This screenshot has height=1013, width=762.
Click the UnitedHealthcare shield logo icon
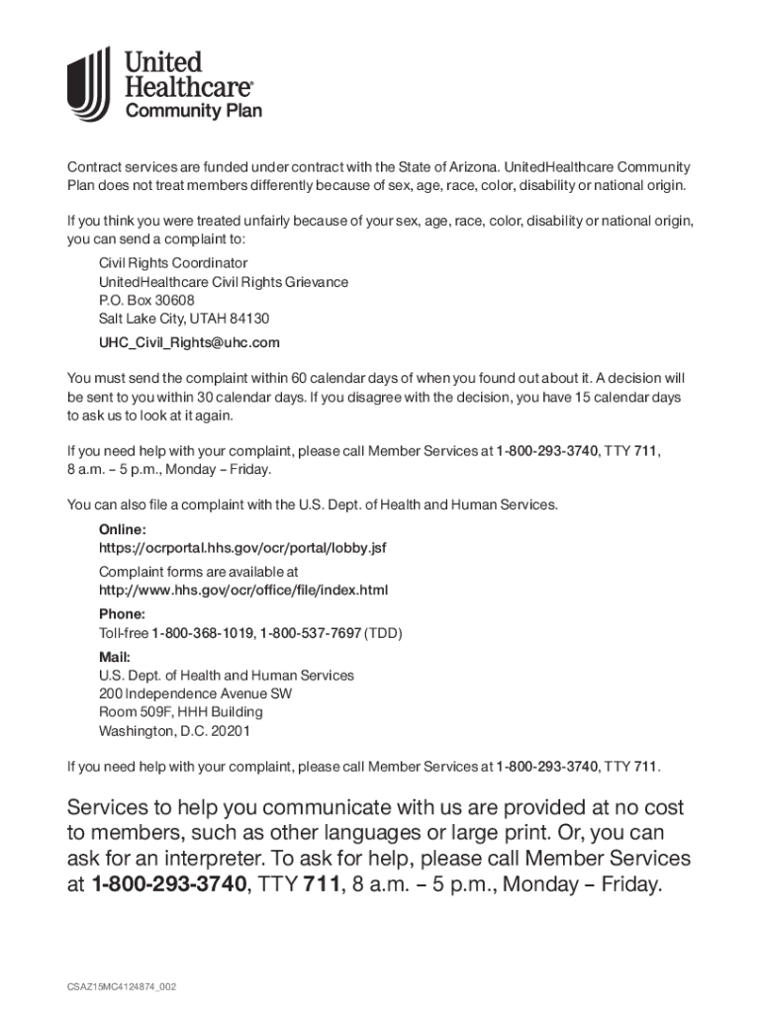pyautogui.click(x=89, y=85)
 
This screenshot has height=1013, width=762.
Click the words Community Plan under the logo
pyautogui.click(x=193, y=111)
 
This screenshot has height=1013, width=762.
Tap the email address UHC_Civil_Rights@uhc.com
pyautogui.click(x=189, y=342)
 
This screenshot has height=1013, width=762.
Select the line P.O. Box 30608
pyautogui.click(x=146, y=300)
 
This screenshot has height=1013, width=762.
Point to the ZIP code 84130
pyautogui.click(x=250, y=319)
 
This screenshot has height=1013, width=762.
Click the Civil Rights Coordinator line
pyautogui.click(x=172, y=263)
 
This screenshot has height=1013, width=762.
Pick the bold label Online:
pyautogui.click(x=122, y=529)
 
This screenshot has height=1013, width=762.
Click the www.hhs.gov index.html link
pyautogui.click(x=243, y=591)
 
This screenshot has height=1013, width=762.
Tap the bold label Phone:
pyautogui.click(x=122, y=613)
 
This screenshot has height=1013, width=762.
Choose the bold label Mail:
pyautogui.click(x=115, y=657)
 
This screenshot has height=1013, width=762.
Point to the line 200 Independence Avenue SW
pyautogui.click(x=195, y=693)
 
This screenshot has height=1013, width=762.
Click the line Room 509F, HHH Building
pyautogui.click(x=181, y=712)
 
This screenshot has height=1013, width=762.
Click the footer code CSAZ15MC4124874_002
pyautogui.click(x=122, y=986)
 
